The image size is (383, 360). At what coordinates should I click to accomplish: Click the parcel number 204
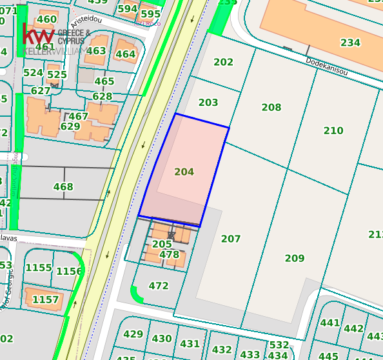(184, 172)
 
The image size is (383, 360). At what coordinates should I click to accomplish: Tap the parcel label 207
(231, 239)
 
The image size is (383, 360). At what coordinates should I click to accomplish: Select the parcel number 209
(295, 259)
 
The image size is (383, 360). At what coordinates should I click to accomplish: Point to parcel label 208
(271, 108)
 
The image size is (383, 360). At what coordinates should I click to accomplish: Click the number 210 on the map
(333, 131)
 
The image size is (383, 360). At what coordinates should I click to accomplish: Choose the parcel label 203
(208, 103)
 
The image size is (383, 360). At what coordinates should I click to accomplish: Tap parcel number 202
(223, 63)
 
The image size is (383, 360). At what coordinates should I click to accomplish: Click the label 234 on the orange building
(350, 43)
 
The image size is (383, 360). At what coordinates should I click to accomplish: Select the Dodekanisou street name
(326, 66)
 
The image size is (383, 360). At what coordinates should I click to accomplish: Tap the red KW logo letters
(38, 34)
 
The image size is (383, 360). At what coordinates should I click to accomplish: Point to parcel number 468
(63, 188)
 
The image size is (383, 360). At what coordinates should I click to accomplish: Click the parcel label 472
(158, 286)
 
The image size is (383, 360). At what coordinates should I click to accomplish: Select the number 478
(169, 255)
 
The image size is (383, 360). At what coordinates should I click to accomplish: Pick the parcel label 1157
(45, 300)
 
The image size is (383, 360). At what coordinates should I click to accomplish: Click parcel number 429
(133, 334)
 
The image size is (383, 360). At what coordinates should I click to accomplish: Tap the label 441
(329, 323)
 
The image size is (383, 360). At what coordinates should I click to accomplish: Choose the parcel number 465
(104, 82)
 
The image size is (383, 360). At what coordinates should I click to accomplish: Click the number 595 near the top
(150, 14)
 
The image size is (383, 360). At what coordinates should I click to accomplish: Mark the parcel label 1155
(39, 268)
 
